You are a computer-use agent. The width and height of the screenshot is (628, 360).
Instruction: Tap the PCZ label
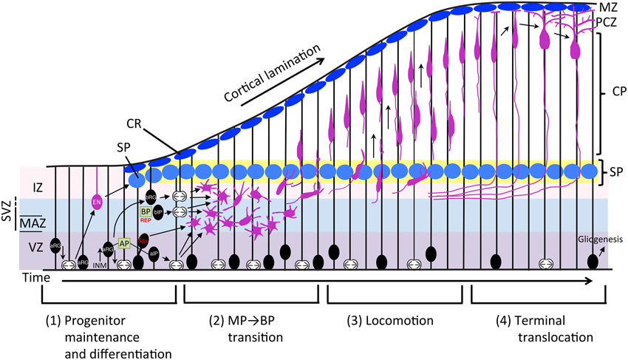[608, 21]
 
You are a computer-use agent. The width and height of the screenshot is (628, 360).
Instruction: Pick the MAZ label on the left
[30, 222]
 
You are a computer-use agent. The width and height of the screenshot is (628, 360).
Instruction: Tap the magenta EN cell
[97, 202]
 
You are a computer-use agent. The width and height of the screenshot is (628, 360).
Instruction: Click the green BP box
[146, 211]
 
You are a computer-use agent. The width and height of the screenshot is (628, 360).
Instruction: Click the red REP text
[146, 220]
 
